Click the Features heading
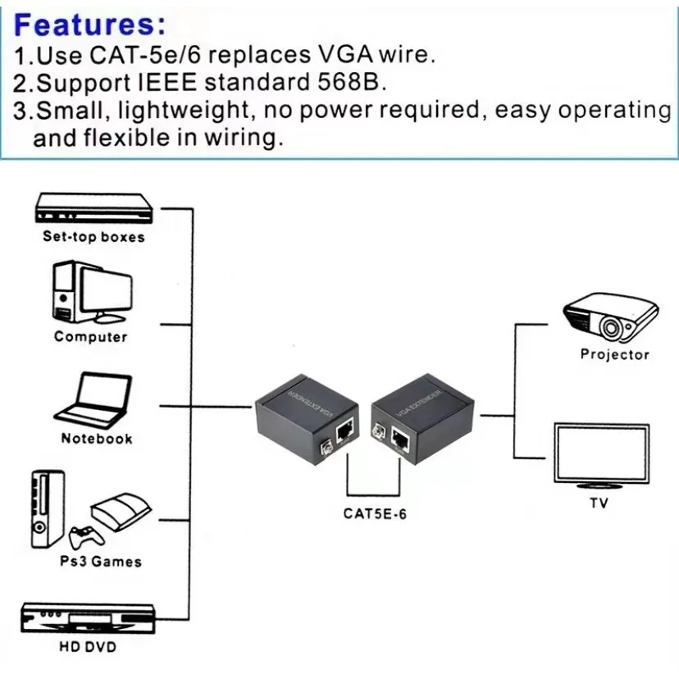pyautogui.click(x=84, y=24)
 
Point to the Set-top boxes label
pyautogui.click(x=93, y=237)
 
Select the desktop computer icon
pyautogui.click(x=91, y=294)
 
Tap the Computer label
pyautogui.click(x=91, y=336)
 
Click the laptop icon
pyautogui.click(x=93, y=399)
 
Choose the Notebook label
pyautogui.click(x=96, y=439)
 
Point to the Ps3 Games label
pyautogui.click(x=100, y=562)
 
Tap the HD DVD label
pyautogui.click(x=88, y=647)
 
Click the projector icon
pyautogui.click(x=610, y=317)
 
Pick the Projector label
pyautogui.click(x=614, y=354)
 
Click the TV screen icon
pyautogui.click(x=601, y=455)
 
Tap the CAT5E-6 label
pyautogui.click(x=375, y=514)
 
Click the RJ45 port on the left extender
pyautogui.click(x=345, y=430)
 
